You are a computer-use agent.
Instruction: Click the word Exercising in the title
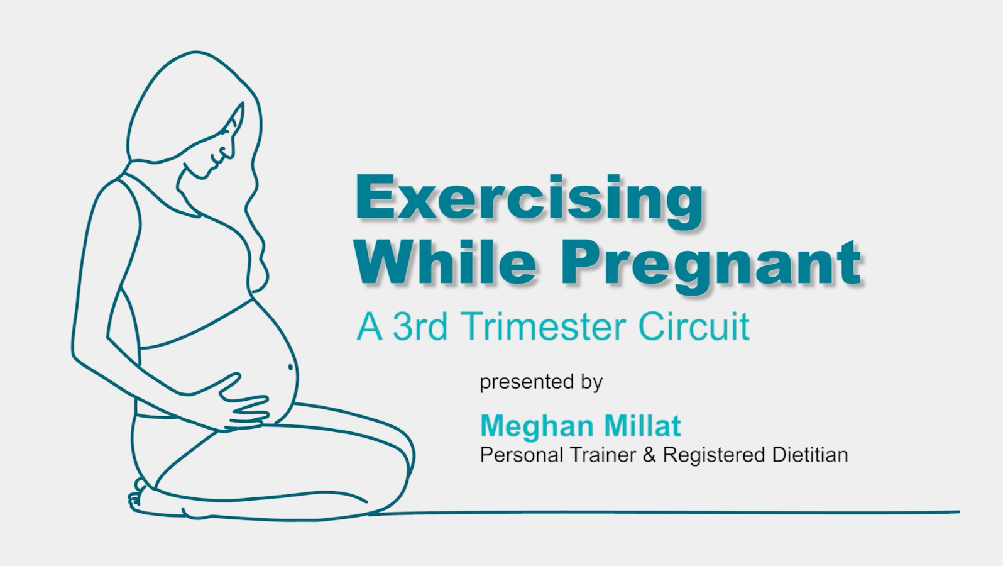coord(529,199)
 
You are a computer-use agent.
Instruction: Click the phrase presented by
coord(541,382)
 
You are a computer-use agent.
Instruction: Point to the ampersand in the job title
coord(650,454)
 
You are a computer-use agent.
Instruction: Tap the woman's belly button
coord(290,366)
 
